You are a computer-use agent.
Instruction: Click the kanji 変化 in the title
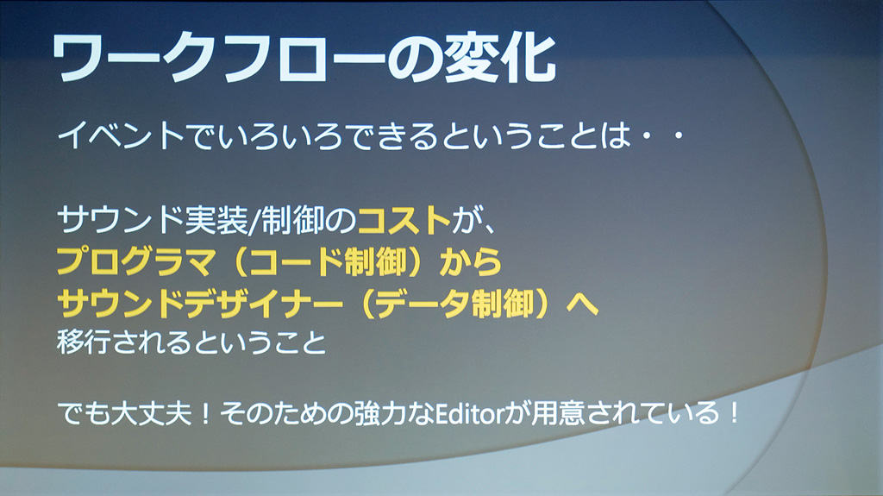coord(501,59)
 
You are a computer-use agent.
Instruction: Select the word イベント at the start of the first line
coord(121,136)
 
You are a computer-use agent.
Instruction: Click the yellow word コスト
coord(404,220)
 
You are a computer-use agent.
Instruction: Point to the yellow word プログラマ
coord(135,261)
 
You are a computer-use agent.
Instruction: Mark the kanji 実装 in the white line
coord(216,220)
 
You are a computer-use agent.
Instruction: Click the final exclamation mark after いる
coord(733,414)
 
